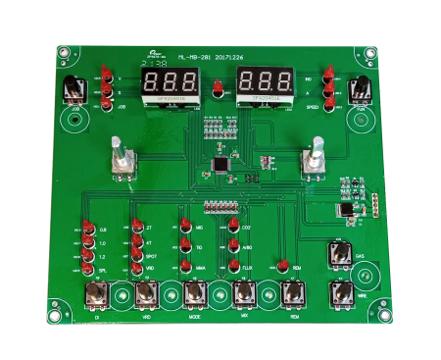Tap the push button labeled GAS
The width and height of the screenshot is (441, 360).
point(339,256)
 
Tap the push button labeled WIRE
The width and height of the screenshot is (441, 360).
point(339,293)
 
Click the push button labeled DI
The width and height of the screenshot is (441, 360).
point(97,293)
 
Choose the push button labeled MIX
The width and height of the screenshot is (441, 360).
point(244,293)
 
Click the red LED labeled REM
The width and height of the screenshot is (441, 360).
point(281,266)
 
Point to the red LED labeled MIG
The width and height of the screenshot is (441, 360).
point(183,228)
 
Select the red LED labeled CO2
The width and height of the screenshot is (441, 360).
point(233,228)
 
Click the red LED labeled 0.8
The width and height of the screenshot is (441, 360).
point(88,230)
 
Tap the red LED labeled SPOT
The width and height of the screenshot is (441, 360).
point(136,254)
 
